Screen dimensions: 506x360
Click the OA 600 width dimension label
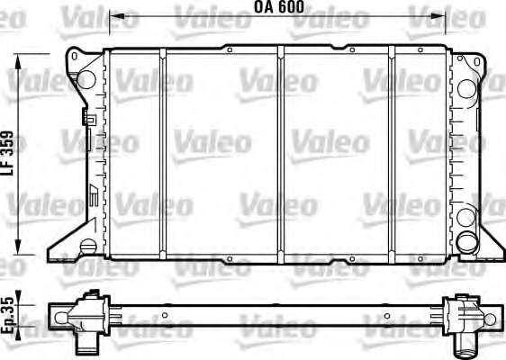coord(279,7)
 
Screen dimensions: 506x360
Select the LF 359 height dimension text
coord(7,153)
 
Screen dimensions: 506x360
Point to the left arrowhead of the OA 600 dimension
coord(114,16)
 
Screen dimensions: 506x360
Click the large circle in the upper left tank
coord(86,79)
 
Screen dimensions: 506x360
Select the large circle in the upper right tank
coord(466,88)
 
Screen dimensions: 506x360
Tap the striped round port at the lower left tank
coord(88,247)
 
